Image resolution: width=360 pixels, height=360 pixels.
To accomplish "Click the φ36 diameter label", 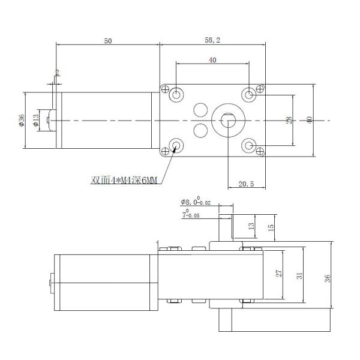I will (x=22, y=121).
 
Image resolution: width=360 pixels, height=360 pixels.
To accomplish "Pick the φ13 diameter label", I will (x=37, y=120).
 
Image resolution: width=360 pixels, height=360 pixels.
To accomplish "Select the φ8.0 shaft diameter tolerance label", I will (x=196, y=202).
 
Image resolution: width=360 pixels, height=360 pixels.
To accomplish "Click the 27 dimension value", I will (x=278, y=274).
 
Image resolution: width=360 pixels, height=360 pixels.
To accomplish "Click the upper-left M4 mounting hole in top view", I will (x=176, y=94).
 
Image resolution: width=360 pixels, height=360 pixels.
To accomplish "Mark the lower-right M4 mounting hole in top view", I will (x=249, y=146).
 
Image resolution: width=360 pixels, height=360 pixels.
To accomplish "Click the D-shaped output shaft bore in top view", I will (x=229, y=119).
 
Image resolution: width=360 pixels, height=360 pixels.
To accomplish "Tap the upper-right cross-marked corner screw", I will (x=260, y=89).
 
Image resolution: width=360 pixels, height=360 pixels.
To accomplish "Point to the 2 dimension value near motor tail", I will (x=58, y=73).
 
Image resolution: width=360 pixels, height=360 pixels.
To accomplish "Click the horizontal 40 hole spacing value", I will (x=212, y=60).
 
